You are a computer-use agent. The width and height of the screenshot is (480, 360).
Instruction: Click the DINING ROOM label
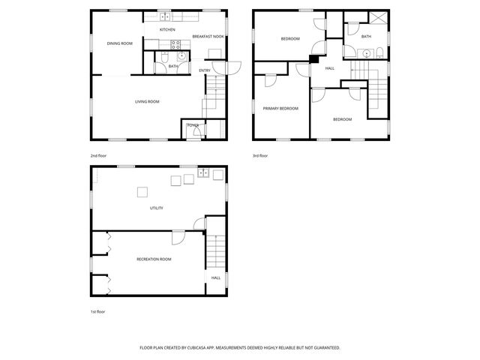[x=119, y=43]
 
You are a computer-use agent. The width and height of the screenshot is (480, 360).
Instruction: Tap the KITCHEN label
[x=167, y=29]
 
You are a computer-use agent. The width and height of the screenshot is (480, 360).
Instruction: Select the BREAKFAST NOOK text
[x=208, y=36]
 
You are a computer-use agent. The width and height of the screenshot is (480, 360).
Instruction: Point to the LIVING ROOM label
[x=147, y=101]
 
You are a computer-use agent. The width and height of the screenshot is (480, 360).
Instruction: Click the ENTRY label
[x=205, y=70]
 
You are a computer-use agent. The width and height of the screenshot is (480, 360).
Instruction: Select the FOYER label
[x=193, y=125]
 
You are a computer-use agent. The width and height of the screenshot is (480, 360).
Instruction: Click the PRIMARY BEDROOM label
[x=280, y=108]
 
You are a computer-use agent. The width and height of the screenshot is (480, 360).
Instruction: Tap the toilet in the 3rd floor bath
[x=379, y=52]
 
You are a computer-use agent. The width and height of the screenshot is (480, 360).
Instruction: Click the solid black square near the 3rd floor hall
[x=314, y=60]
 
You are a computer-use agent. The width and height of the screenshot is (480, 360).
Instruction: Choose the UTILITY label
[x=156, y=208]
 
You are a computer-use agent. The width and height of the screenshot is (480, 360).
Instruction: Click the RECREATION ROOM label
[x=154, y=259]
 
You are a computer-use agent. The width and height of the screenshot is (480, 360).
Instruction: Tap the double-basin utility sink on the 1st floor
[x=202, y=175]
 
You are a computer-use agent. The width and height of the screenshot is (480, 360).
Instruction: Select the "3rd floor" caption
[x=260, y=155]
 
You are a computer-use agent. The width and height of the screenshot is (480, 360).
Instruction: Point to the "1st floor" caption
[x=97, y=311]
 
